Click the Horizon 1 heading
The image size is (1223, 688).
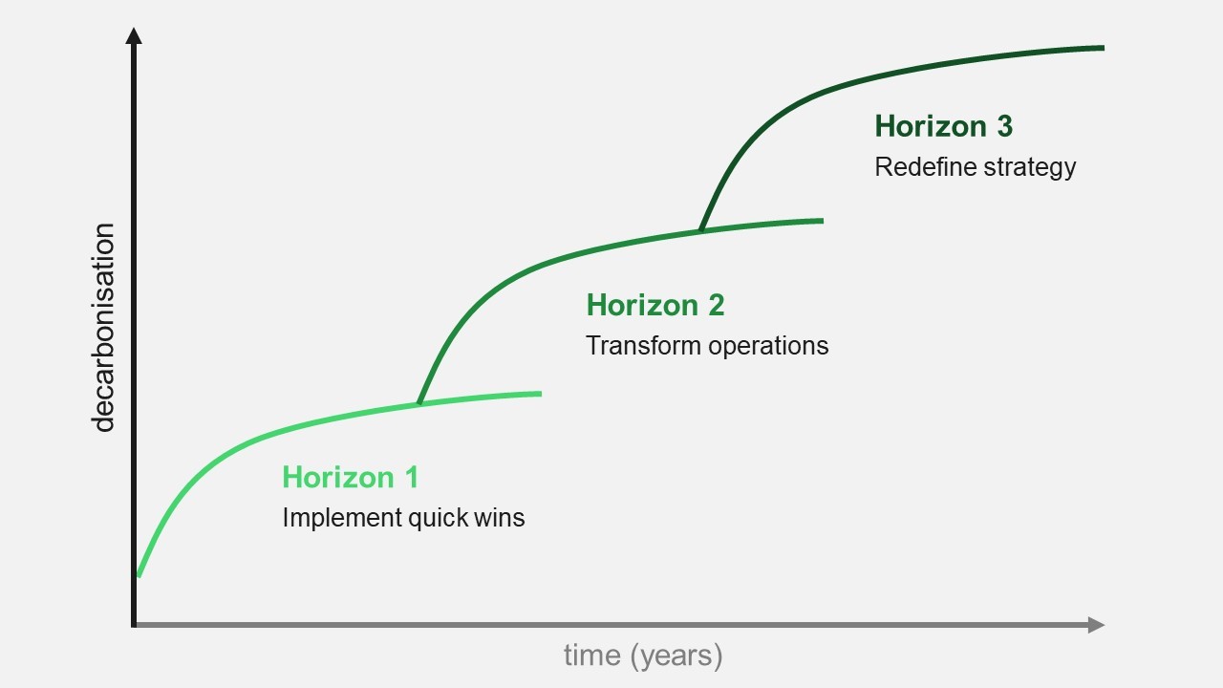(x=350, y=477)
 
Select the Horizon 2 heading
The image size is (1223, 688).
(x=655, y=305)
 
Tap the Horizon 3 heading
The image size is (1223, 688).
(x=943, y=126)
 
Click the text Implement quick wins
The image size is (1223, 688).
(x=403, y=518)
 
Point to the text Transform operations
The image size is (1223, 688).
(x=707, y=345)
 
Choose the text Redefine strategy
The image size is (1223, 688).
(x=976, y=167)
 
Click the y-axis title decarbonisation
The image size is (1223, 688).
(x=103, y=328)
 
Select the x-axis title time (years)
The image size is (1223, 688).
(x=642, y=656)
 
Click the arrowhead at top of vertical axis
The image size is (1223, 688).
(x=134, y=36)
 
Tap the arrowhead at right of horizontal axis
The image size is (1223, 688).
(x=1097, y=625)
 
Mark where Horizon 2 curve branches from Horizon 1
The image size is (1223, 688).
(x=419, y=403)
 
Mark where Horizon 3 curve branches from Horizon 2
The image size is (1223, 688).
(x=701, y=230)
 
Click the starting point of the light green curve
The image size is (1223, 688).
(x=139, y=575)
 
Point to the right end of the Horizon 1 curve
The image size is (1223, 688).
(x=540, y=393)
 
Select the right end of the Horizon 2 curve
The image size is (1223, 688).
(x=822, y=221)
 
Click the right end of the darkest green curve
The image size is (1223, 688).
(x=1103, y=47)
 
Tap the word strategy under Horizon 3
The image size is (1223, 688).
(x=1033, y=167)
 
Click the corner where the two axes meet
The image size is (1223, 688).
(x=135, y=625)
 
